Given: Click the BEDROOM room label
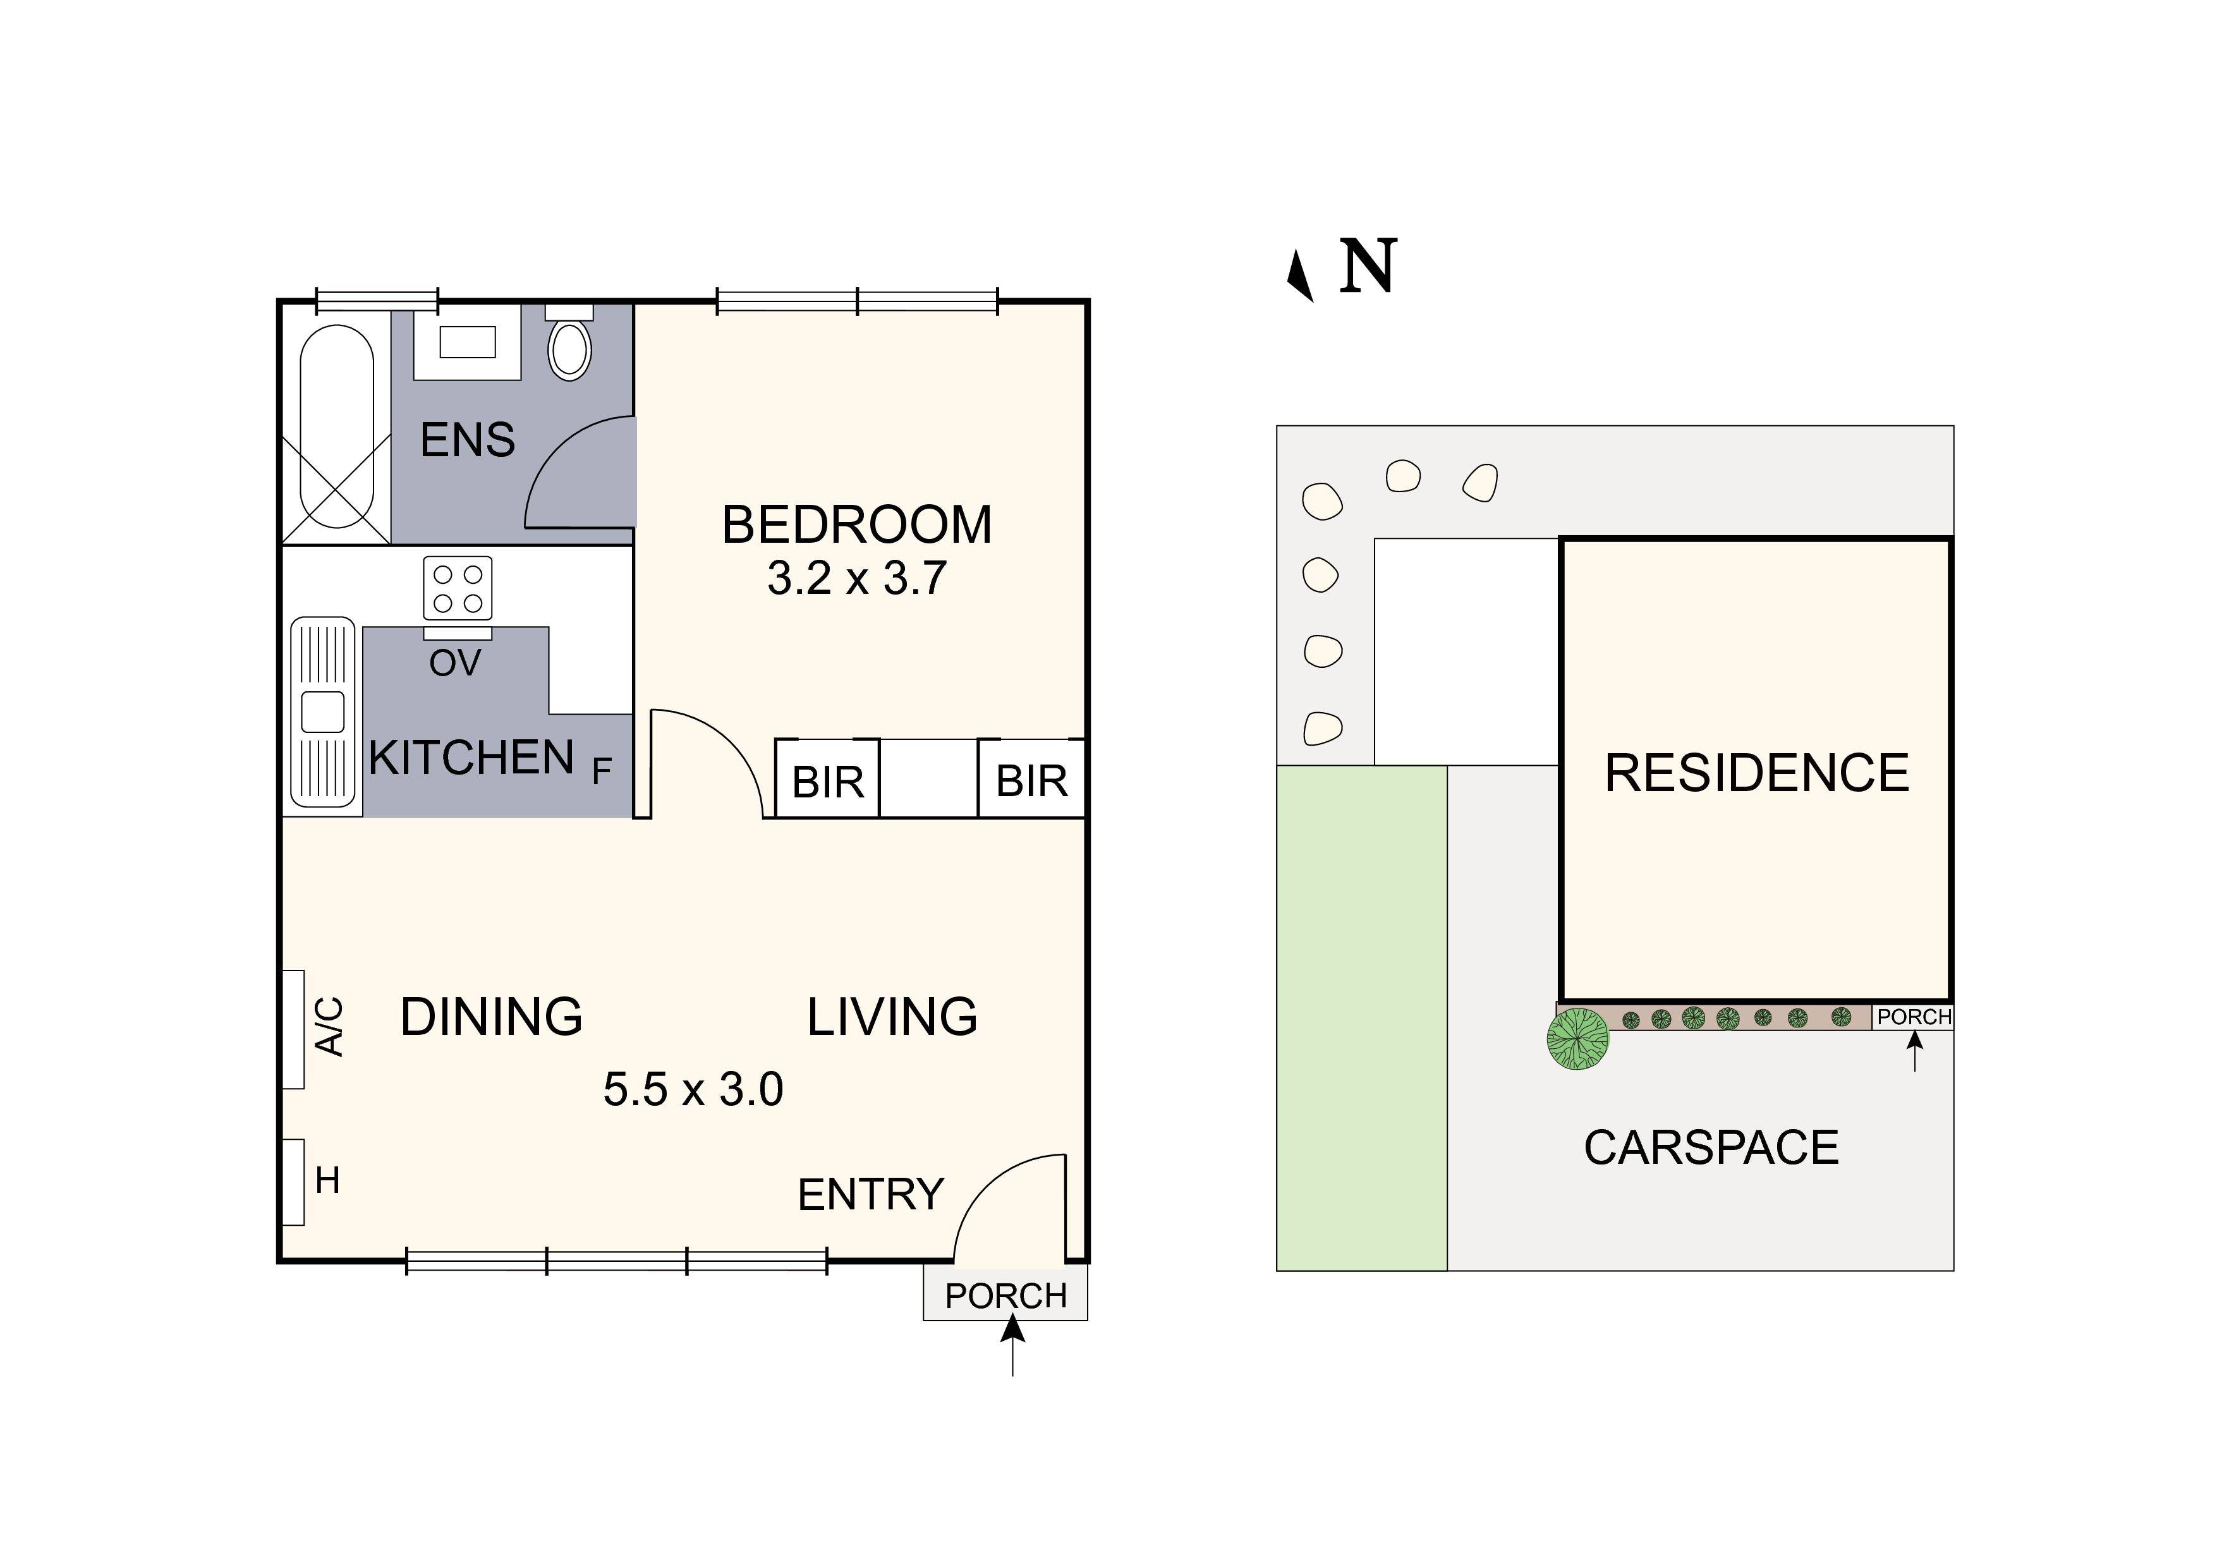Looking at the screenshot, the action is [856, 525].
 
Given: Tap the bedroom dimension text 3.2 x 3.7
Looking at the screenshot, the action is [856, 578].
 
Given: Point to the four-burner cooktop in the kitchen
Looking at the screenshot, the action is [458, 588].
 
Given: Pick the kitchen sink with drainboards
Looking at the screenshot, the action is [322, 711].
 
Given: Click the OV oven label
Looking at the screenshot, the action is [455, 663].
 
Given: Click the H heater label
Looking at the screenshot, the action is [327, 1180].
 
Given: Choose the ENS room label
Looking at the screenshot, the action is [467, 440].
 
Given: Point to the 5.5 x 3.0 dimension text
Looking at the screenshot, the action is [693, 1089].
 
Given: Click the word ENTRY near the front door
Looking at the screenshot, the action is [871, 1195].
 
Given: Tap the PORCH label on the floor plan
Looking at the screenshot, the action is [1006, 1296].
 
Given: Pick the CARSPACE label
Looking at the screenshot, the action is [1711, 1148].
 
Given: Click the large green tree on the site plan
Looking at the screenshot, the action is [1578, 1039].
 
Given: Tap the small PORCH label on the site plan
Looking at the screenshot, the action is [1914, 1017].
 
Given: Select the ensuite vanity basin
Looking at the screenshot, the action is [468, 342].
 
